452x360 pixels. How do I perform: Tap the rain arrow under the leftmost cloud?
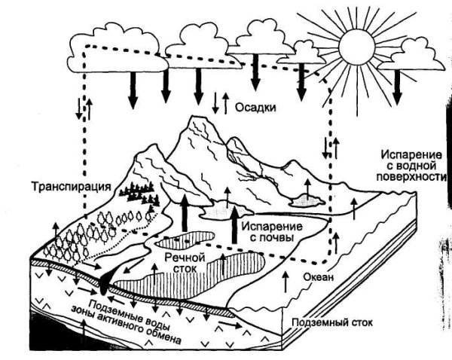133,89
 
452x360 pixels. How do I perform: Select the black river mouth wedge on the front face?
105,282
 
